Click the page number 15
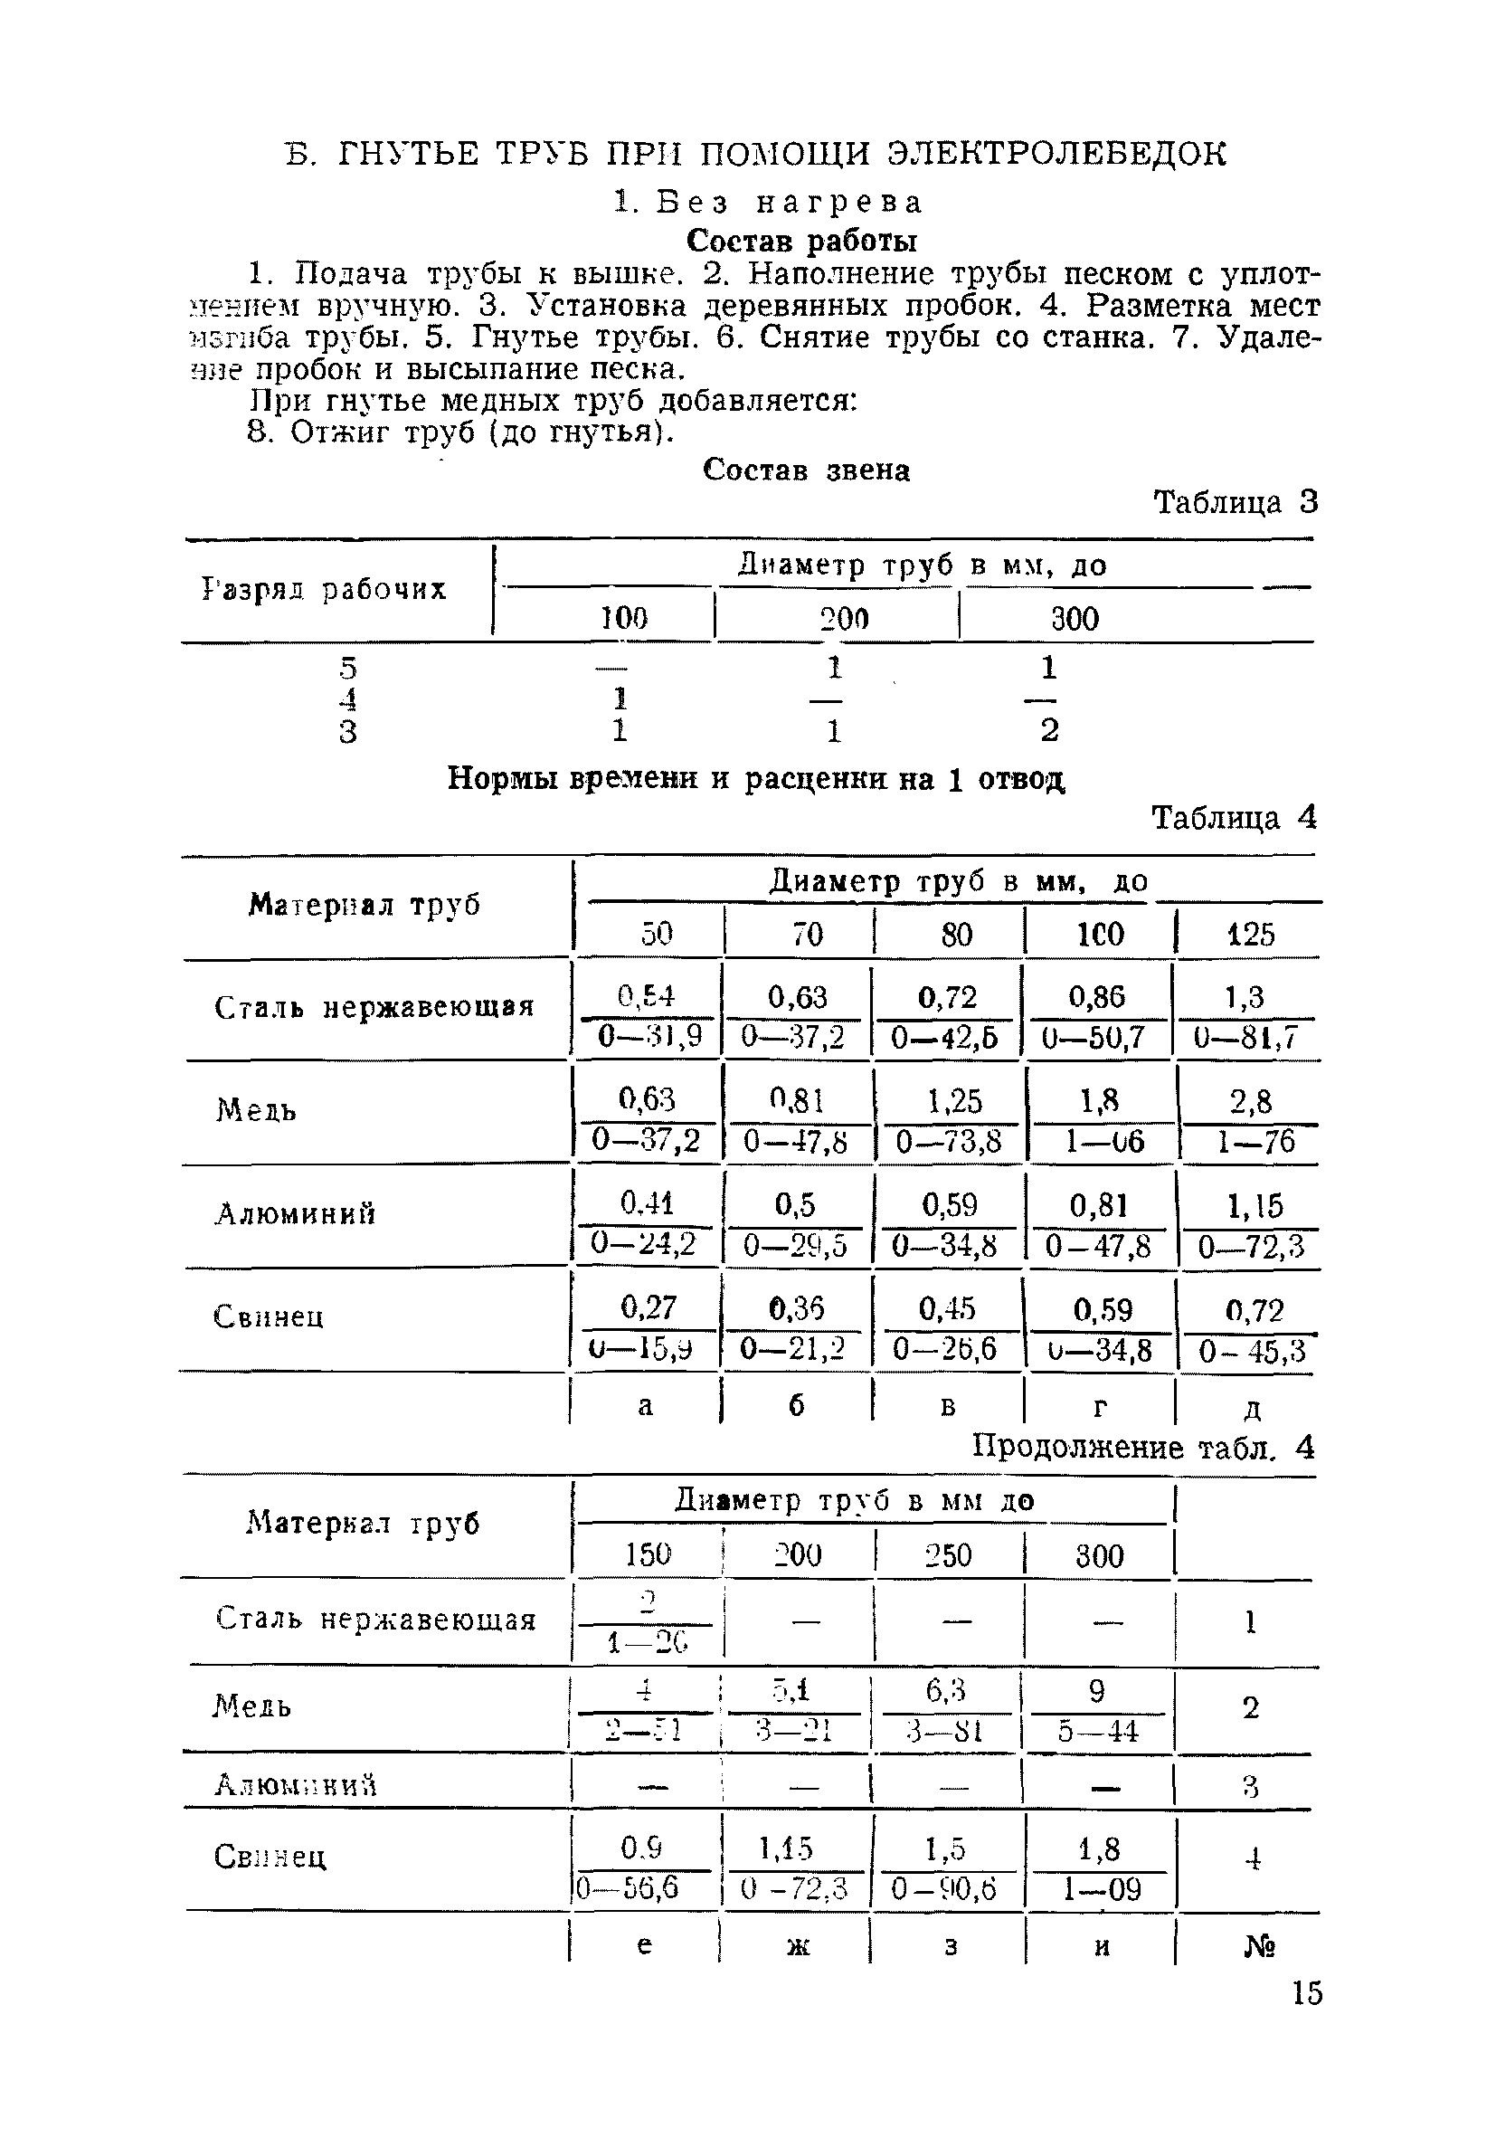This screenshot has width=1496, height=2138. (1306, 1993)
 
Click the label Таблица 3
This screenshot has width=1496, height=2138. (1236, 503)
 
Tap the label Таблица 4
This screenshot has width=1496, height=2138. (1235, 819)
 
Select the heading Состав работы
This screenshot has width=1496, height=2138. (801, 242)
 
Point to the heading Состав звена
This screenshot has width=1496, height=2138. (806, 470)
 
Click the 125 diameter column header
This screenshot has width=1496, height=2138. (1249, 934)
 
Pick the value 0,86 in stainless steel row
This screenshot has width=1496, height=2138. (1096, 997)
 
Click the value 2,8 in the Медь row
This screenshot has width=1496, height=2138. (1249, 1102)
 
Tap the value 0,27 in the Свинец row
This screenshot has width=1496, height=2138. (648, 1307)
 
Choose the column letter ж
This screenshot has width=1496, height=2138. (798, 1946)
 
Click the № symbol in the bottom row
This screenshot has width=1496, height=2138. (1259, 1946)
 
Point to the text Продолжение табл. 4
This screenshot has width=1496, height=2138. (1143, 1447)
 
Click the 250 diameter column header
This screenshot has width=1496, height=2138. (948, 1555)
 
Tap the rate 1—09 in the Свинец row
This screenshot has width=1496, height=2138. (1099, 1889)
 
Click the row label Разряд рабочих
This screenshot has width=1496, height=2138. (324, 589)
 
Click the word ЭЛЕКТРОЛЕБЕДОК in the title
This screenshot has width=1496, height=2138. (1056, 154)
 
